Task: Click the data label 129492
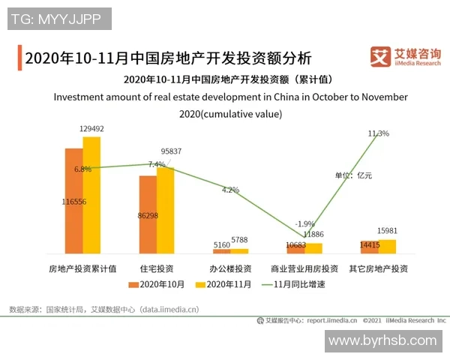[x=91, y=129]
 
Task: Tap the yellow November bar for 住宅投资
[x=165, y=210]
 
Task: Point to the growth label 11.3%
[x=378, y=133]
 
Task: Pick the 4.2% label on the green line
[x=230, y=190]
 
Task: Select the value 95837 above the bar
[x=170, y=151]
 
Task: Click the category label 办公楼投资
[x=230, y=268]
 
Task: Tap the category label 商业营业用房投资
[x=304, y=268]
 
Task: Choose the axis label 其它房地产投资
[x=378, y=268]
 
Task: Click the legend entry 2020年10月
[x=157, y=284]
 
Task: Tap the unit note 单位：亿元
[x=353, y=175]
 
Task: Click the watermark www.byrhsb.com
[x=382, y=340]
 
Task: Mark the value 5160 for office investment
[x=223, y=244]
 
